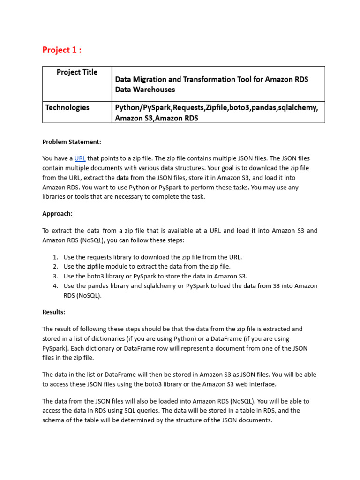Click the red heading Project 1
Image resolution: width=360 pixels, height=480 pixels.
point(61,50)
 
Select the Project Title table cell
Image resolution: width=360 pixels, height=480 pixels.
point(77,72)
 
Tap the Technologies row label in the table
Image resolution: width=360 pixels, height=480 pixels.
point(67,107)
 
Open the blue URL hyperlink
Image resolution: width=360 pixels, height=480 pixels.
point(80,158)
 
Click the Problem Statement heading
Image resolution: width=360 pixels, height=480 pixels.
point(72,142)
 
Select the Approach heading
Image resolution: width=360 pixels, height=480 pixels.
point(57,213)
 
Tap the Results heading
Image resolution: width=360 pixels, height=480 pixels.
point(54,312)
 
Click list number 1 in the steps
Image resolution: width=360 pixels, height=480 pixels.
point(55,257)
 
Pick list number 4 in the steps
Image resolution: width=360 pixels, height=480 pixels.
point(55,286)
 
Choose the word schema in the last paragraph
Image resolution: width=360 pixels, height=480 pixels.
point(53,420)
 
